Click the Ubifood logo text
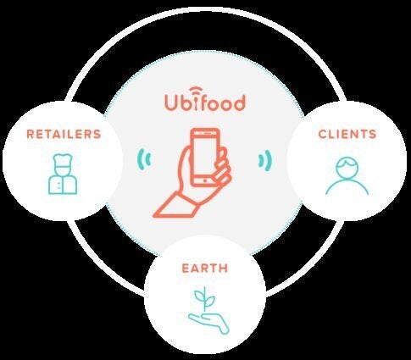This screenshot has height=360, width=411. tap(205, 102)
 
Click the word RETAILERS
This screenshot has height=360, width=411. tap(64, 134)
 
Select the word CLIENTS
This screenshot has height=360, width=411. tap(347, 134)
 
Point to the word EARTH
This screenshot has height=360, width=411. tap(205, 269)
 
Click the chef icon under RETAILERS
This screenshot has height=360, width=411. tap(63, 174)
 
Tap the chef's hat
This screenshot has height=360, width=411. tap(63, 160)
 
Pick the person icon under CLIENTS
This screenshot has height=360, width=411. tap(347, 176)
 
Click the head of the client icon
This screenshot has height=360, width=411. tap(347, 168)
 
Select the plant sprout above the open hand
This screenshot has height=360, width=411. tap(205, 300)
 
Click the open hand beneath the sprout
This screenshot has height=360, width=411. tap(209, 324)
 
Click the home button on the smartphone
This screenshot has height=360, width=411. tap(205, 180)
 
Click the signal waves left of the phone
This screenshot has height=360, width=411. tap(144, 159)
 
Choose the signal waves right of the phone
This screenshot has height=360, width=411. tap(265, 160)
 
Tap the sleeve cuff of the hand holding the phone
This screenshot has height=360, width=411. tap(175, 205)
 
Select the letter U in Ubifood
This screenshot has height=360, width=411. tap(170, 102)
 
